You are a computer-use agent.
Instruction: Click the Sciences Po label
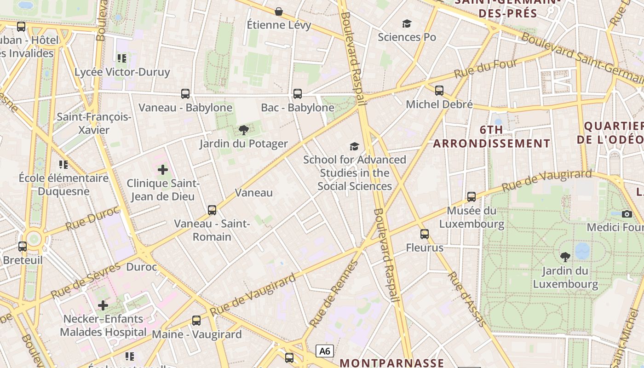click(407, 37)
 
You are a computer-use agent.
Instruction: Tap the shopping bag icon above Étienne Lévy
click(279, 11)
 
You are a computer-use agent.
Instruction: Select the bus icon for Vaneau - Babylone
click(185, 94)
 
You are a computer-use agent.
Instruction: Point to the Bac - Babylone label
click(298, 108)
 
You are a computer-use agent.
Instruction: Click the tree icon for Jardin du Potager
click(244, 130)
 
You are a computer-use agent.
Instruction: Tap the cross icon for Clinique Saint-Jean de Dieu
click(163, 170)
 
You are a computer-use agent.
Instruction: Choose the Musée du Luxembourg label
click(471, 218)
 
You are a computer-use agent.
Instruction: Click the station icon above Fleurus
click(425, 234)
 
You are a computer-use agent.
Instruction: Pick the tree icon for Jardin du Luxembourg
click(565, 257)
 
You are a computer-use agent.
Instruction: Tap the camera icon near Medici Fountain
click(627, 214)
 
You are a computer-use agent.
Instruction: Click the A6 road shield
click(325, 351)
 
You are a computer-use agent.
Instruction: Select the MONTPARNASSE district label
click(392, 363)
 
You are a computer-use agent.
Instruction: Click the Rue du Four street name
click(480, 69)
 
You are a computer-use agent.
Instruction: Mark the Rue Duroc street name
click(92, 219)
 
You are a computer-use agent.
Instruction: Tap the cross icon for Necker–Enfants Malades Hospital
click(103, 305)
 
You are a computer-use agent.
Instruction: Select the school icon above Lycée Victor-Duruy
click(122, 58)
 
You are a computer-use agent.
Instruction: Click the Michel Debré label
click(439, 104)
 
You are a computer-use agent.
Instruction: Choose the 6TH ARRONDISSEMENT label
click(491, 137)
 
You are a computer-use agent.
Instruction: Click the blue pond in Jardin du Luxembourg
click(582, 251)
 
